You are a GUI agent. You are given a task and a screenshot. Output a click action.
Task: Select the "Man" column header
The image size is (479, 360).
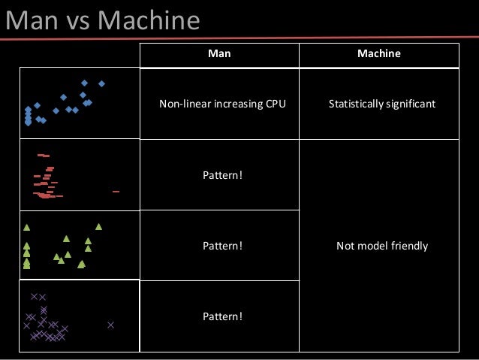(x=219, y=54)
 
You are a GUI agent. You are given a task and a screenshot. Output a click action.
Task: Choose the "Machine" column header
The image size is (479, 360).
(x=378, y=54)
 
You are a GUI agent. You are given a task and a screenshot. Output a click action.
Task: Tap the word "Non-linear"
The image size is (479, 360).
(x=182, y=104)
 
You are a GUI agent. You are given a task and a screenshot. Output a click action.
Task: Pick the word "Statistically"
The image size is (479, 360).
(x=357, y=104)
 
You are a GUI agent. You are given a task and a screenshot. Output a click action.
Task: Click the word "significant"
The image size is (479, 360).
(x=411, y=104)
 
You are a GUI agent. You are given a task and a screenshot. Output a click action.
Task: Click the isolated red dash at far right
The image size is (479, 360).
(x=116, y=192)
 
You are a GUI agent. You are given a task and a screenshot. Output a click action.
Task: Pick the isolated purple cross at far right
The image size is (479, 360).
(x=110, y=325)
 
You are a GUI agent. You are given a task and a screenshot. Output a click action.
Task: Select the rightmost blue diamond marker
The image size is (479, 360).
(x=101, y=83)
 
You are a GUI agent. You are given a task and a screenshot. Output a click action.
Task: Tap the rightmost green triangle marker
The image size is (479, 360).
(x=98, y=226)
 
